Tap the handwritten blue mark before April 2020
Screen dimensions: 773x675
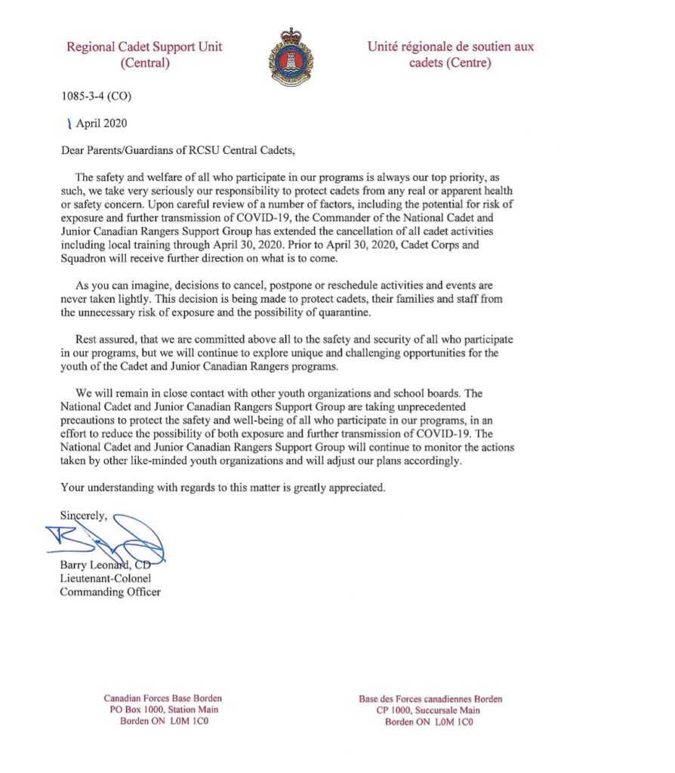[69, 123]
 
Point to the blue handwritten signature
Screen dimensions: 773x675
[113, 539]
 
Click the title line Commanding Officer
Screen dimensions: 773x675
[110, 592]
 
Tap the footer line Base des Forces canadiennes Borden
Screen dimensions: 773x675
[430, 698]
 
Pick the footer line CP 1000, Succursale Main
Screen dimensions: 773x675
[430, 710]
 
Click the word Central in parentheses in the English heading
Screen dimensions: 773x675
[146, 63]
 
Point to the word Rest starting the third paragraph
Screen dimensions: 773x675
[88, 339]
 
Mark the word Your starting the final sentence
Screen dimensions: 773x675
[73, 487]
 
